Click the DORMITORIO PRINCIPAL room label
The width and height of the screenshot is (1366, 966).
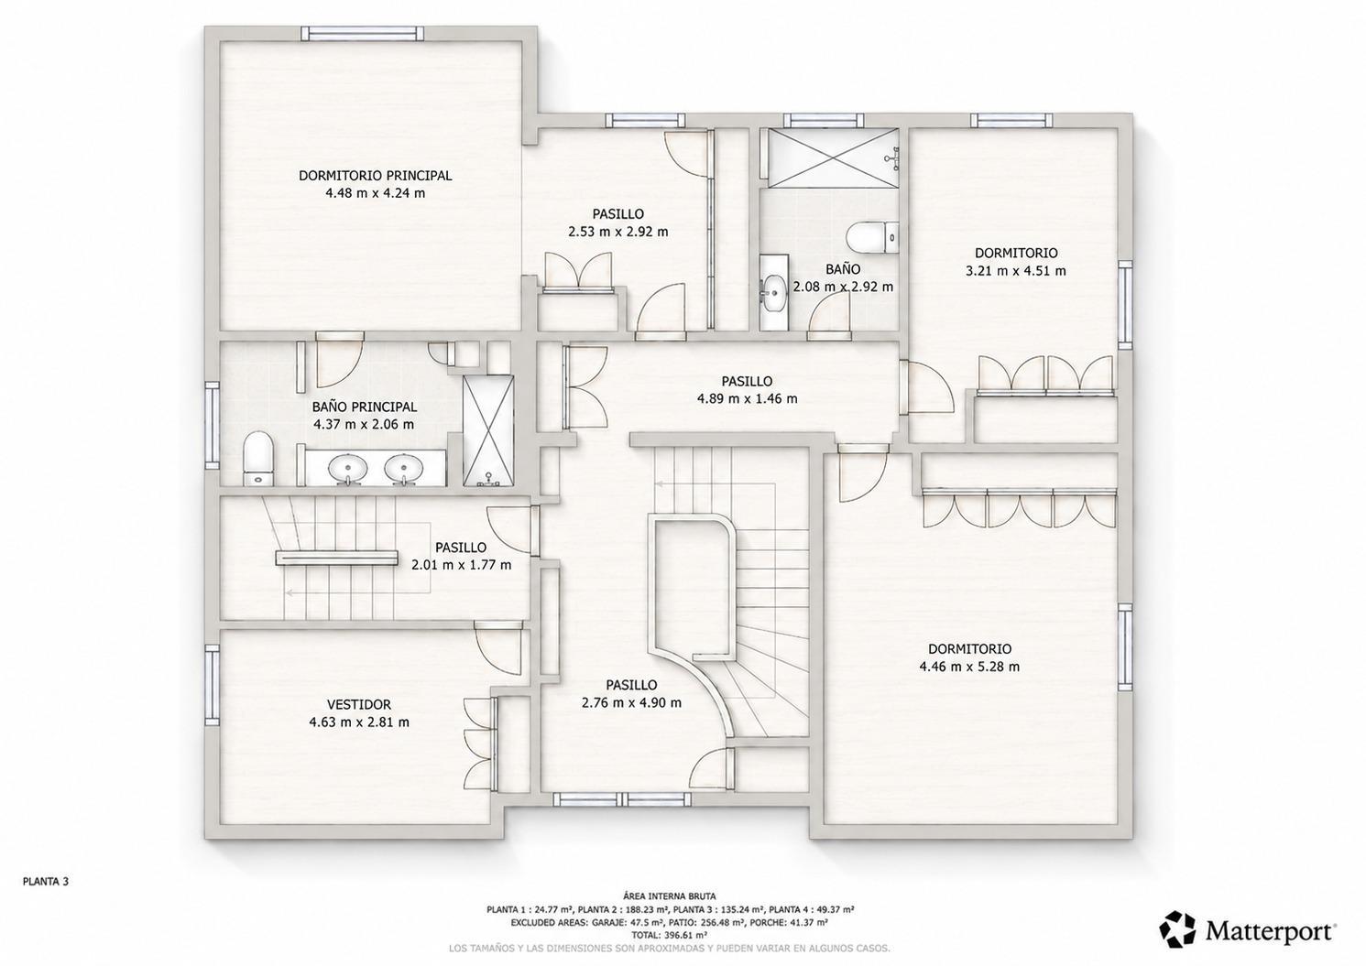[375, 176]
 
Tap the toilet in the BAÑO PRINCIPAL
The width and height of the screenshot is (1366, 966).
[258, 459]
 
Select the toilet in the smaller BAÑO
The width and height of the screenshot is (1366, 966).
[873, 238]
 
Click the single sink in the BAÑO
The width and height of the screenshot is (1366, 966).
[774, 292]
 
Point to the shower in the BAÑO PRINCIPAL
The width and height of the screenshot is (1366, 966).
[487, 431]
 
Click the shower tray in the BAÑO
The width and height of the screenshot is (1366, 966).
[833, 156]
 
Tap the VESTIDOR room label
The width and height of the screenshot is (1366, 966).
[358, 704]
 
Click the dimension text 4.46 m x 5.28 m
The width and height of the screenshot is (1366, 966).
[969, 667]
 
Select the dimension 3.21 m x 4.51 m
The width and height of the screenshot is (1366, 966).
[1015, 271]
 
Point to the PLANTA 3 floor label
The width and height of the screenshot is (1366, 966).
[46, 881]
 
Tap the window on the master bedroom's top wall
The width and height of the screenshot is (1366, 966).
[363, 34]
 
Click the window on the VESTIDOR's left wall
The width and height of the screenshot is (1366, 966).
[212, 685]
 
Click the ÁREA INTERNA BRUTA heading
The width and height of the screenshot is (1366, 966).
[670, 895]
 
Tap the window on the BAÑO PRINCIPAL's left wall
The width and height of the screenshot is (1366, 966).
[212, 425]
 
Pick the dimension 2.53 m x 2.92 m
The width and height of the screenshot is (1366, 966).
[617, 232]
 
